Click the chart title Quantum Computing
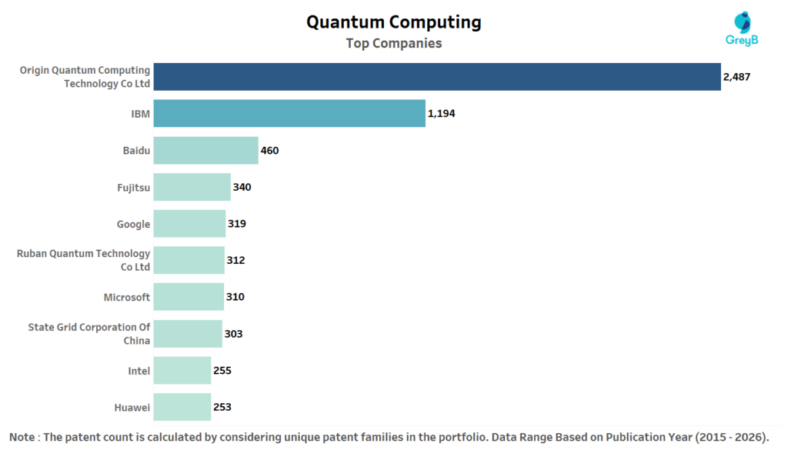[x=393, y=22]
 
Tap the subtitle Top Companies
[x=393, y=43]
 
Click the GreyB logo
[x=743, y=29]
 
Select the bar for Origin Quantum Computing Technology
[x=437, y=76]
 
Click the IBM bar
[x=289, y=113]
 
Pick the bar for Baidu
[x=205, y=150]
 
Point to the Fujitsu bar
[x=192, y=187]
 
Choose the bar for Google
[x=189, y=224]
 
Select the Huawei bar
[x=182, y=407]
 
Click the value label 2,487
[x=736, y=77]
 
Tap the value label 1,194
[x=442, y=113]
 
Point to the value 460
[x=269, y=150]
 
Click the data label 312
[x=235, y=260]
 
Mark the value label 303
[x=233, y=334]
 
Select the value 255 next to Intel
[x=222, y=370]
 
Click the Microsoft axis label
[x=127, y=297]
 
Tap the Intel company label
[x=139, y=371]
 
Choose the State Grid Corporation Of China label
[x=89, y=334]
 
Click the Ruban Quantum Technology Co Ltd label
[x=84, y=260]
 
